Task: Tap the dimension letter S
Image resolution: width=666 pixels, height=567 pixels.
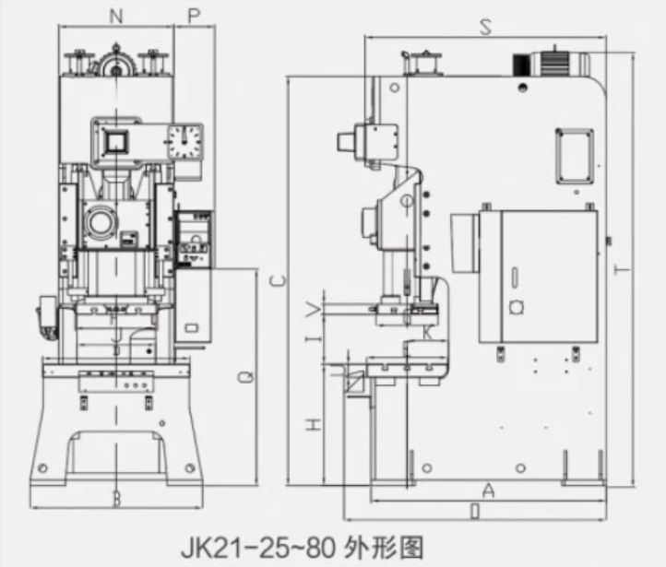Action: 485,28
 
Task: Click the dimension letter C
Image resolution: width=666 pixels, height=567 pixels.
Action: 278,279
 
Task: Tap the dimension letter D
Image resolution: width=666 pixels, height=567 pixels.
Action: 474,510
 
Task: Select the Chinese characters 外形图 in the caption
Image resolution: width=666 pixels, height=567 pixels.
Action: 375,541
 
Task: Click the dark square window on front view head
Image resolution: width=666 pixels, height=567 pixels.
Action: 117,141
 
